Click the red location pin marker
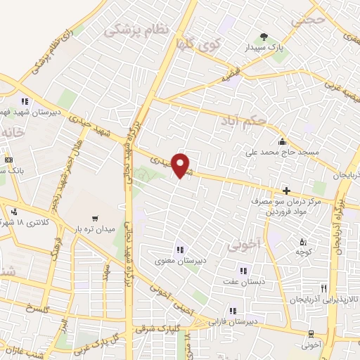(181, 165)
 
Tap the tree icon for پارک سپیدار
(264, 37)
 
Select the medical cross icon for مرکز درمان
(286, 191)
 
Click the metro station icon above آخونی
(311, 334)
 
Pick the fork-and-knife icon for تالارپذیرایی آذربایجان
(324, 288)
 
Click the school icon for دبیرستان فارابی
(233, 311)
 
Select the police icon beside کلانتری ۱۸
(14, 211)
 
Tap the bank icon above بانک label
(8, 160)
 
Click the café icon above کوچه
(303, 243)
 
